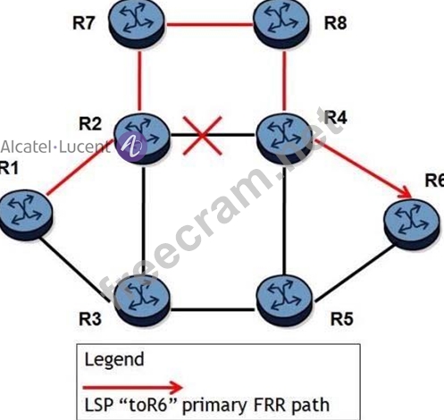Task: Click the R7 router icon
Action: click(137, 23)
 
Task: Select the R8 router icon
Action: click(281, 23)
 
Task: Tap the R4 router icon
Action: click(284, 139)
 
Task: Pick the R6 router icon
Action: click(412, 224)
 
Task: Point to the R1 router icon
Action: click(25, 215)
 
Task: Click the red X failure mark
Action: click(203, 136)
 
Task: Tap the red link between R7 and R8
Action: click(209, 24)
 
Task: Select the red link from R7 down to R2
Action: click(139, 80)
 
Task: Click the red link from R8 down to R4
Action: click(284, 80)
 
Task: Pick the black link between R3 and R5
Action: click(214, 310)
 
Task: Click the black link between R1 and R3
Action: click(77, 269)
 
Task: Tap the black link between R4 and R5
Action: click(285, 221)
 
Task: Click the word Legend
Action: click(114, 359)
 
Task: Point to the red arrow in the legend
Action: click(133, 387)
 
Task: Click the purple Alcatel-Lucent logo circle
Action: click(131, 147)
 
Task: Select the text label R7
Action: click(84, 23)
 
